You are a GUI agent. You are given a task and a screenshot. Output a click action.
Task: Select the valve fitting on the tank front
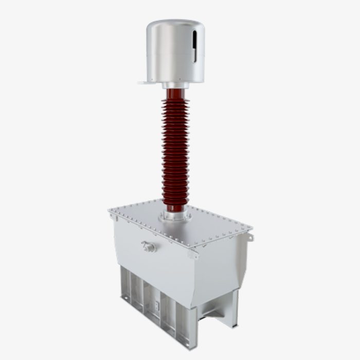pos(149,247)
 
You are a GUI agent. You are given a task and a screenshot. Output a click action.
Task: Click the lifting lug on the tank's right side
pos(250,236)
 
